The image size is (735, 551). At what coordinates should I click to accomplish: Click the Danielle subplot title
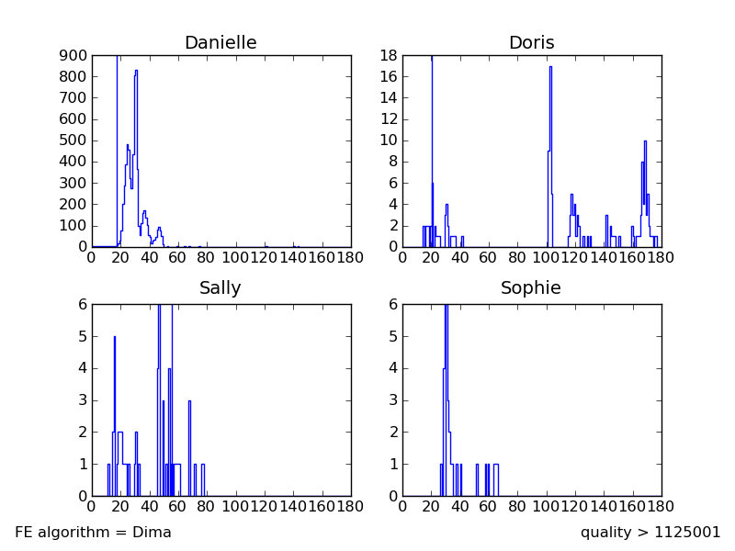(220, 43)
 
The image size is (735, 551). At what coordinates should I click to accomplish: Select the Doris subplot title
(531, 43)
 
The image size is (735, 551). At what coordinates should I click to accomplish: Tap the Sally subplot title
(220, 288)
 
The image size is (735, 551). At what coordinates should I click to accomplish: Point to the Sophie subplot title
(531, 288)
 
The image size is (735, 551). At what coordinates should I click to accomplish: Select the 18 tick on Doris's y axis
(388, 55)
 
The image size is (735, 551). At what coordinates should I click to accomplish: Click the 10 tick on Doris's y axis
(388, 141)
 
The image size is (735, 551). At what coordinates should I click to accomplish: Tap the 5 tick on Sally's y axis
(81, 336)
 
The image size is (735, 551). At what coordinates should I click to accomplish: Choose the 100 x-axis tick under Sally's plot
(236, 507)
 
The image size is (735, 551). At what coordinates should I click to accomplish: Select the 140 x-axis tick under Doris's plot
(604, 258)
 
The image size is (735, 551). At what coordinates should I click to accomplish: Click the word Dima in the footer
(153, 533)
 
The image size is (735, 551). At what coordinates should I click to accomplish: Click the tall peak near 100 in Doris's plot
(550, 68)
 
